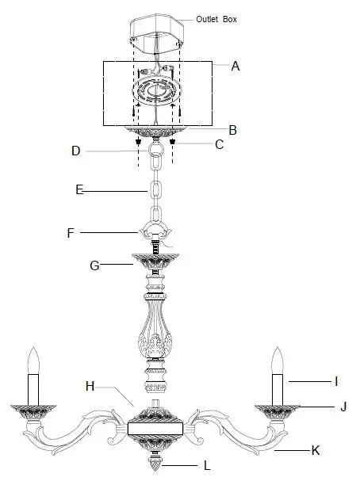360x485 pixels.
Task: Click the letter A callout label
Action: (x=236, y=67)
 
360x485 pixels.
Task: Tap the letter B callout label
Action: (x=233, y=129)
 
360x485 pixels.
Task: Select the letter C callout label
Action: (x=220, y=145)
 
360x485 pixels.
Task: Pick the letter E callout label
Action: (x=79, y=190)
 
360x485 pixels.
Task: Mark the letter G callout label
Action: (x=94, y=266)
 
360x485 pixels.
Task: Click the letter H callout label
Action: (x=90, y=386)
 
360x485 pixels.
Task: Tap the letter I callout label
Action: (x=336, y=381)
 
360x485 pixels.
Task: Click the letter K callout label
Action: (x=316, y=450)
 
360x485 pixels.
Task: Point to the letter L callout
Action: (x=207, y=466)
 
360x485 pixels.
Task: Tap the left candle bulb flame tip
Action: (x=34, y=351)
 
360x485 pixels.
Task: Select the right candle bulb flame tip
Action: (x=278, y=351)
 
